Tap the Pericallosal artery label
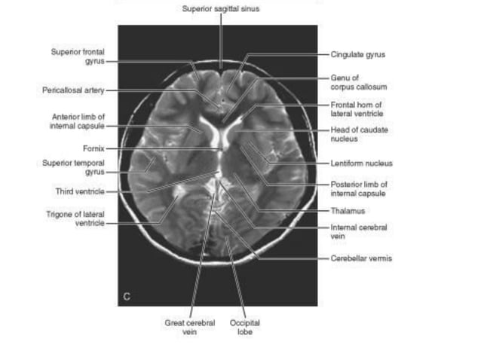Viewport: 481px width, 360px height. click(x=73, y=90)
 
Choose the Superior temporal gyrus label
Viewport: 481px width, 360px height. click(x=72, y=166)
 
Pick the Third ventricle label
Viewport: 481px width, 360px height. click(x=79, y=191)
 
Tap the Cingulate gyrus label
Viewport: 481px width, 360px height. click(x=358, y=54)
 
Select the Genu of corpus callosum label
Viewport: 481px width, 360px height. click(x=358, y=82)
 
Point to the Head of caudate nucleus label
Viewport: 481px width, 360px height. click(x=359, y=135)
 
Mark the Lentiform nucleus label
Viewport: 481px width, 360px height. click(x=361, y=163)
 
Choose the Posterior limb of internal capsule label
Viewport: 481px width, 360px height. click(x=359, y=188)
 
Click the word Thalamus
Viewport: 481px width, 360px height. click(x=348, y=211)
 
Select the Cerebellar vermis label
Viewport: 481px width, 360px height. click(x=360, y=258)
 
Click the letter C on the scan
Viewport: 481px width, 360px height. click(x=127, y=297)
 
